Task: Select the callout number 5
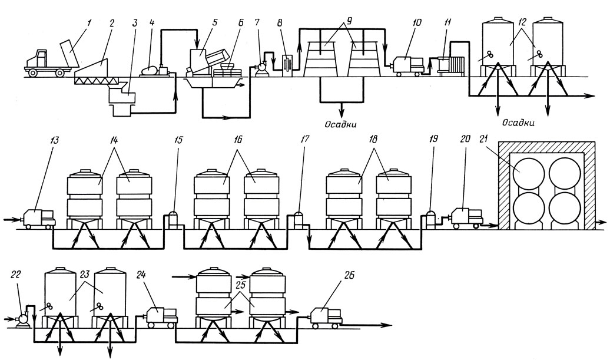(x=214, y=22)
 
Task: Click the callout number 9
(x=349, y=21)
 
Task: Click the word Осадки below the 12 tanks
(x=518, y=123)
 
